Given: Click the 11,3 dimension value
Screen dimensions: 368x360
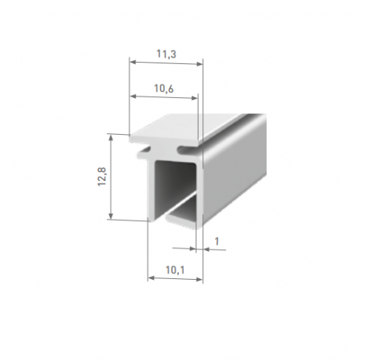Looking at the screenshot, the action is coord(166,54).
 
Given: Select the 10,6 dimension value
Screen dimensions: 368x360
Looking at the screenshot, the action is coord(163,88).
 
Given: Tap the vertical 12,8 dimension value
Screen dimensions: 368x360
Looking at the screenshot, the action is coord(102,177).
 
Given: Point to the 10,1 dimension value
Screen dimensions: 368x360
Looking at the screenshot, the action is coord(175,270).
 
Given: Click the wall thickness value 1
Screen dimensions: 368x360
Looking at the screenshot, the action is coord(216,241).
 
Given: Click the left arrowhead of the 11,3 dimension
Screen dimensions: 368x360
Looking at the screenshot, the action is coord(132,62).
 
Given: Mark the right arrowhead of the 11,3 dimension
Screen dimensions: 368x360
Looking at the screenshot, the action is coord(199,64).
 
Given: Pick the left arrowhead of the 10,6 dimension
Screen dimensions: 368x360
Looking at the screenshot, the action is coord(132,96).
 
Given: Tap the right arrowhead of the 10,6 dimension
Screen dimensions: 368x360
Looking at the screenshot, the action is coord(194,98).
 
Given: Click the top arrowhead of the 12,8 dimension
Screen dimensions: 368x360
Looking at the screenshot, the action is coord(111,138).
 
